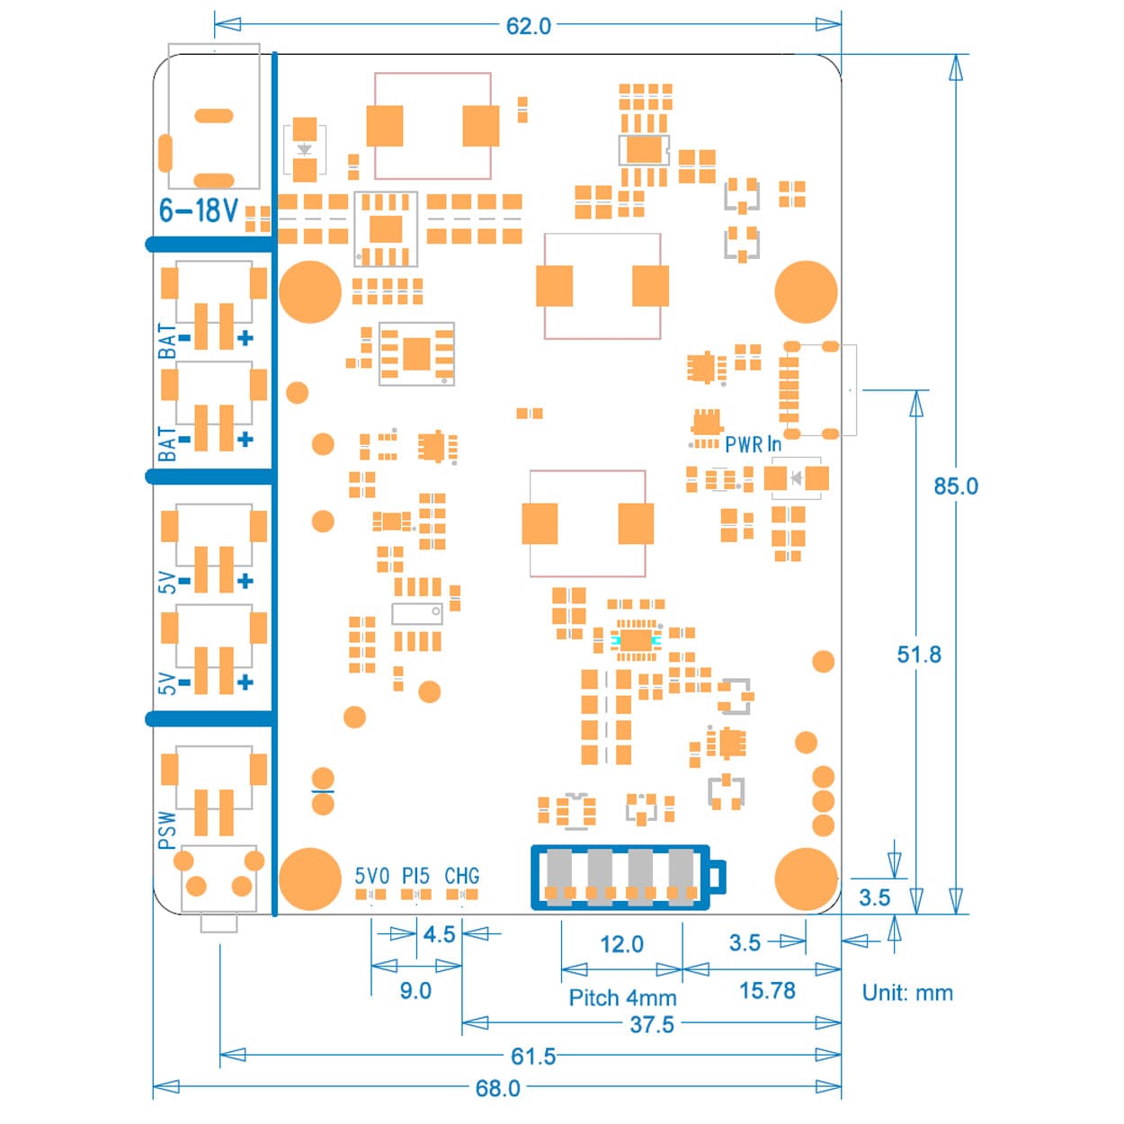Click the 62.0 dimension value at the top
click(x=529, y=26)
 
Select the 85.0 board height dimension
click(x=955, y=486)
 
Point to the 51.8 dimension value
click(x=918, y=655)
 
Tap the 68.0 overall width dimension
click(x=497, y=1088)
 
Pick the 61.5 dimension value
click(x=532, y=1056)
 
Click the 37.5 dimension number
click(x=651, y=1024)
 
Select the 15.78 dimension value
click(x=767, y=991)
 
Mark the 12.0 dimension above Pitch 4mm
click(x=621, y=944)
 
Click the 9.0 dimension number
click(x=415, y=991)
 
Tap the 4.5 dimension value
click(x=439, y=934)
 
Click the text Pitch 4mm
click(x=622, y=998)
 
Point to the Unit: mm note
click(x=906, y=993)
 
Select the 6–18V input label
click(x=199, y=210)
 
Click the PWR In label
click(x=753, y=444)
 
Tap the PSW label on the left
click(x=168, y=829)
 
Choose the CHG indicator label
click(x=461, y=876)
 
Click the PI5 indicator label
click(x=415, y=876)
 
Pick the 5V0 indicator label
click(x=371, y=876)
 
